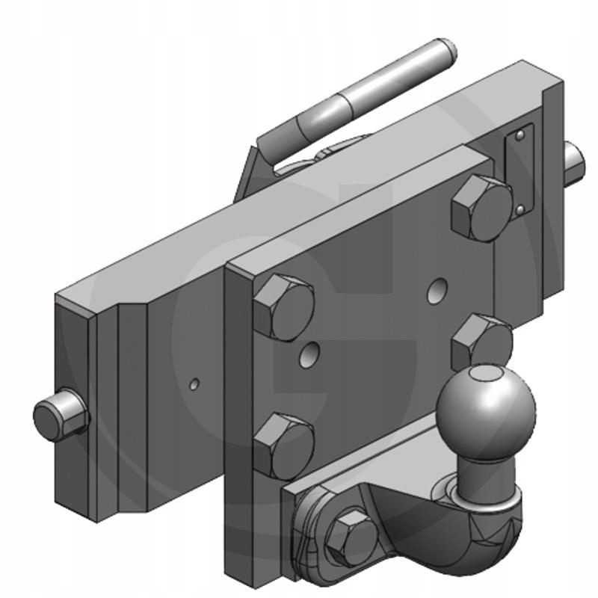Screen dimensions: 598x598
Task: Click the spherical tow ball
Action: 486,407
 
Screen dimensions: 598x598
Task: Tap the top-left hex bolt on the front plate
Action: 283,307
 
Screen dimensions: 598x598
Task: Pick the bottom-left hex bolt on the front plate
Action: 283,446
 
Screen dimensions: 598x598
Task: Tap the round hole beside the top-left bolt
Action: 307,354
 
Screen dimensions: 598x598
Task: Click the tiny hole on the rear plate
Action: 194,384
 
